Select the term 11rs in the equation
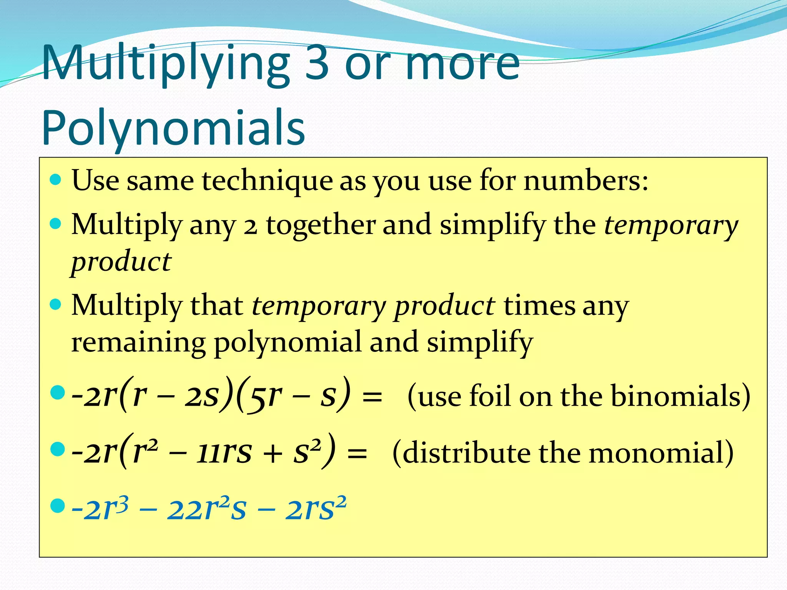pos(224,452)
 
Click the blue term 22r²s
pos(206,509)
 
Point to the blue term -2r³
pos(100,509)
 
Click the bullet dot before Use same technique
pos(56,179)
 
